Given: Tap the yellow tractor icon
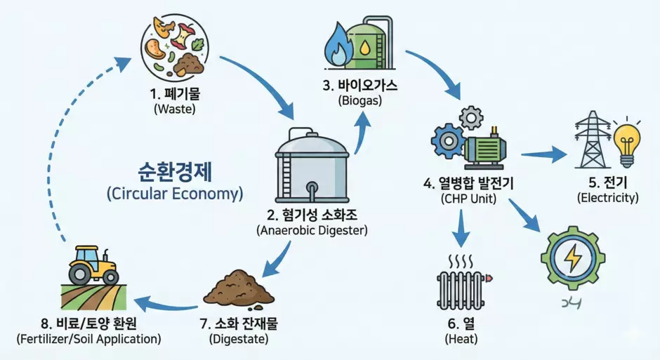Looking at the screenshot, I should pyautogui.click(x=93, y=264).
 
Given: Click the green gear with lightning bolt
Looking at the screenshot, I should pyautogui.click(x=573, y=258).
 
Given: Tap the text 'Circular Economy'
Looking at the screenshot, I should pyautogui.click(x=175, y=194).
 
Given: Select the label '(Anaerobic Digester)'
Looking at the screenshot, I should pyautogui.click(x=312, y=229).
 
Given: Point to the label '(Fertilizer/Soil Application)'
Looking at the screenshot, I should pyautogui.click(x=88, y=338).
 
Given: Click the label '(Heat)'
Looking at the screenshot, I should pyautogui.click(x=461, y=339).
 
